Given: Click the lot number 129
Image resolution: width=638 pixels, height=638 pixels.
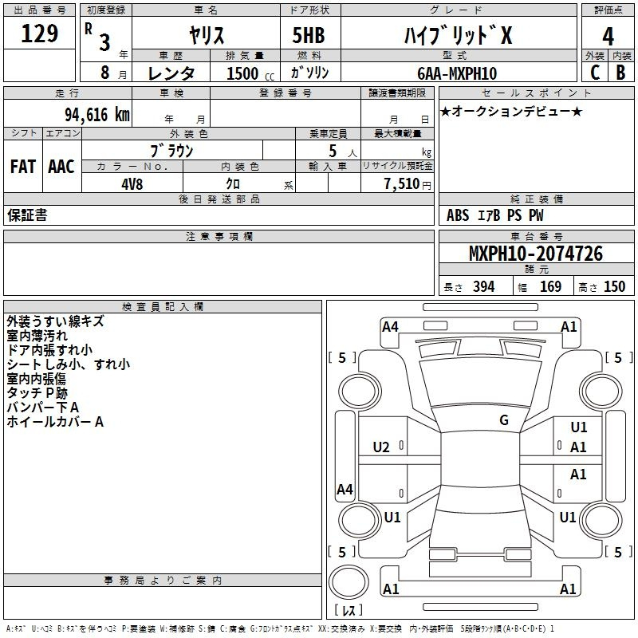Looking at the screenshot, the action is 39,33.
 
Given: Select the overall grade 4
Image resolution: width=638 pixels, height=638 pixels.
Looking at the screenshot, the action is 608,36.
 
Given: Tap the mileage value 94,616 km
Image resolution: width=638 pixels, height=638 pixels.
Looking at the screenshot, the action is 97,115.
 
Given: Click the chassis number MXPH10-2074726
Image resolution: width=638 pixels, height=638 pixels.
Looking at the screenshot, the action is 536,253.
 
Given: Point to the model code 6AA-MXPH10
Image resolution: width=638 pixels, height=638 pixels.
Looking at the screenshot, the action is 457,73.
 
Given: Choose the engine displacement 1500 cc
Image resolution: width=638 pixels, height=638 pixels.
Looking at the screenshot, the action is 250,73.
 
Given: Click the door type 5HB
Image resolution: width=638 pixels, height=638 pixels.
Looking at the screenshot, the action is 309,35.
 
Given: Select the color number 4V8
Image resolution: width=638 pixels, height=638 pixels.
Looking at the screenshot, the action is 132,184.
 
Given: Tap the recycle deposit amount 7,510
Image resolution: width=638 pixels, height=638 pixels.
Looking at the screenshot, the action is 402,184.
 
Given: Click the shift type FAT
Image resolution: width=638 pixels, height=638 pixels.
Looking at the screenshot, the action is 23,167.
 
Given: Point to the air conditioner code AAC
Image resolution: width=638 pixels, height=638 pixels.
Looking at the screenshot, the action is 61,167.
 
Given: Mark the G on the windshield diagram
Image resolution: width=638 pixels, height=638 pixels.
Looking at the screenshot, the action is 504,420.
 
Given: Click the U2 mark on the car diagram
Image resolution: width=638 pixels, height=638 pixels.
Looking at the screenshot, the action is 381,447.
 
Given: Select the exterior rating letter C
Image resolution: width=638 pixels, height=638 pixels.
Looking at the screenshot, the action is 595,73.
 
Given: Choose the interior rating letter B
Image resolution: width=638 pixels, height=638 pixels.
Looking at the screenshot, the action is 620,73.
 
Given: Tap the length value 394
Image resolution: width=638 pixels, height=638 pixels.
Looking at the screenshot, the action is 484,286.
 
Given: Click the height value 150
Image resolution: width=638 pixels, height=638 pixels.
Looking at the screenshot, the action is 614,286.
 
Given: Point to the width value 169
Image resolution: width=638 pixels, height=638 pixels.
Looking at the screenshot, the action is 550,286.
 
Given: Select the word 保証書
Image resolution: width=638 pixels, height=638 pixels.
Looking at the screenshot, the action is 27,215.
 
